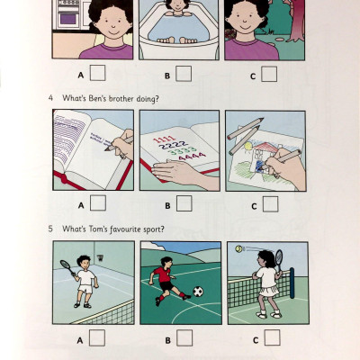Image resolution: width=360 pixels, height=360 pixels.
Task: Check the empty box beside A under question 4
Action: tap(97, 202)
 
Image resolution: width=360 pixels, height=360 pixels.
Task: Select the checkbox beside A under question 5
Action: tap(97, 337)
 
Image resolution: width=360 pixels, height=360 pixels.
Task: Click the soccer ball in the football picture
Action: tap(198, 292)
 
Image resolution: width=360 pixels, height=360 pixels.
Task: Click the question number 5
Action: tap(50, 228)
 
